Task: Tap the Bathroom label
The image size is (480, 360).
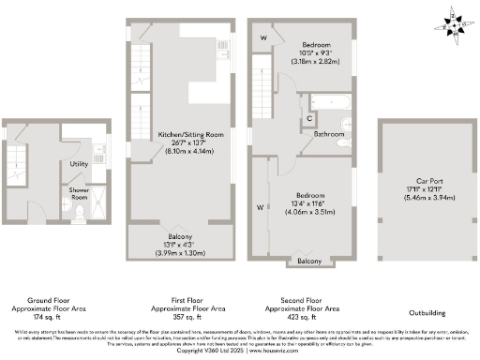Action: point(329,134)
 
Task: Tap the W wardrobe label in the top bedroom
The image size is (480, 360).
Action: point(263,37)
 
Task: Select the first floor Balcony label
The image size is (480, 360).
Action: point(181,237)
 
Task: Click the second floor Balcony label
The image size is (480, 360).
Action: point(308,261)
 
